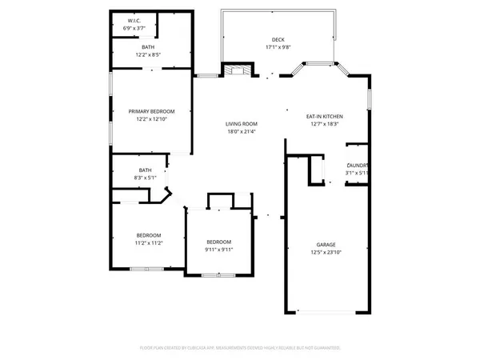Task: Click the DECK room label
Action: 278,40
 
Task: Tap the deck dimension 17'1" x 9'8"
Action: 278,47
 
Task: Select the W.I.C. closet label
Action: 134,20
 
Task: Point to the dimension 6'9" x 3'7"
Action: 134,28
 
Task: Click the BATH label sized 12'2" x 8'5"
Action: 149,48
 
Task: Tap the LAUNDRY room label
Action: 357,165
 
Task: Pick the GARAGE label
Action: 325,245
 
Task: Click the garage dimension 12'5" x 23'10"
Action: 325,253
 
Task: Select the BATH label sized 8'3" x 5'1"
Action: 145,170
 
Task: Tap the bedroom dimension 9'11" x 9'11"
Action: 218,249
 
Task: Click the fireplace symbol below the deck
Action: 237,71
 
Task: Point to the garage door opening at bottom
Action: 325,311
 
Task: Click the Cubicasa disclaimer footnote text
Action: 240,348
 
